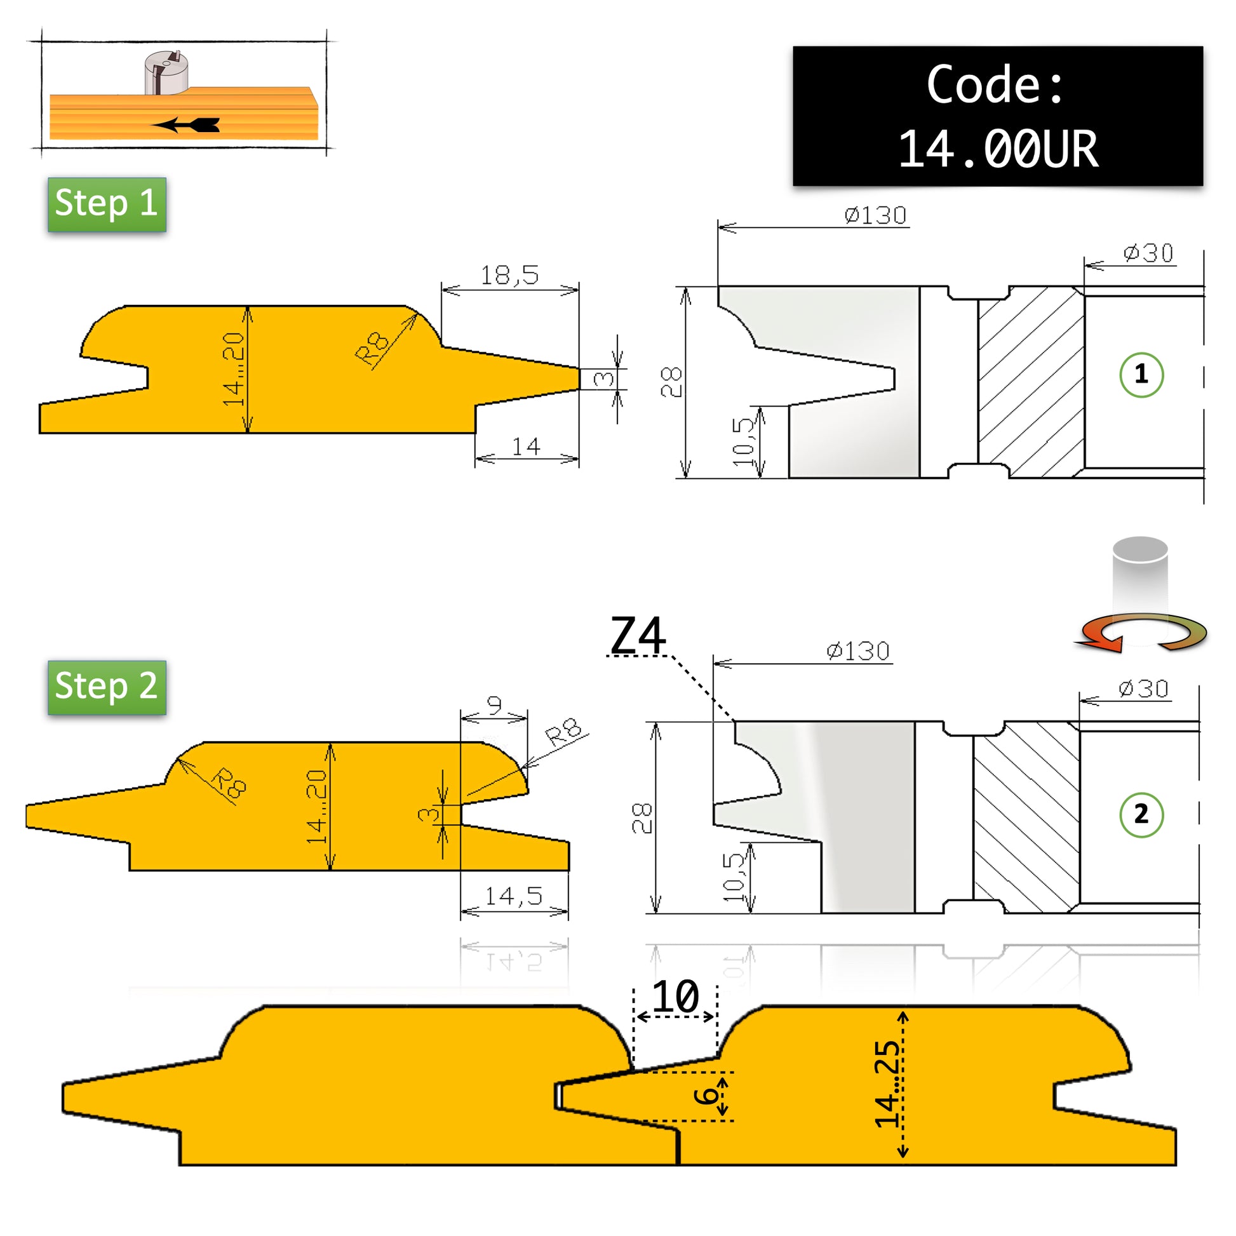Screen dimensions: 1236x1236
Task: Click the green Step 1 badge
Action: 107,204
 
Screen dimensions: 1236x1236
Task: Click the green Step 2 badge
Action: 107,687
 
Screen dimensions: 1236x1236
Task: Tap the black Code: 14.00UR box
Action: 997,116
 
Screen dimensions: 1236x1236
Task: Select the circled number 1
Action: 1141,375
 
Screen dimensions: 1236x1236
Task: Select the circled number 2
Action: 1141,814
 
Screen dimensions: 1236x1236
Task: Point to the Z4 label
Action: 638,635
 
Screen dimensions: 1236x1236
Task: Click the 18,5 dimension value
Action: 510,275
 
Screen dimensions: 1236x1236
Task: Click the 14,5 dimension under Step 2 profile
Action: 514,896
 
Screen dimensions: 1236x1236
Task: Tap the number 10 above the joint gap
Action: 676,996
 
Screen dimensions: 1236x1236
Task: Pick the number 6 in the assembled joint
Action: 706,1095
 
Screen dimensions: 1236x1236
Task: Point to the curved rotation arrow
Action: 1143,633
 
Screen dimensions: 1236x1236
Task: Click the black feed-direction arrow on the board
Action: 186,124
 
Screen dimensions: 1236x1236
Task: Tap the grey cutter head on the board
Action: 166,72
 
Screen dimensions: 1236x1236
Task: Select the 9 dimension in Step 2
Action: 494,705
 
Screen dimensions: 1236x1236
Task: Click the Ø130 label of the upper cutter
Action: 875,215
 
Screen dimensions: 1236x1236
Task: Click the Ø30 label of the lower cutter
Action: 1144,689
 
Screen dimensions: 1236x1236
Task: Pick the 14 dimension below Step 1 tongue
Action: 526,446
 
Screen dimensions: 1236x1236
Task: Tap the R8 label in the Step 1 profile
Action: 372,349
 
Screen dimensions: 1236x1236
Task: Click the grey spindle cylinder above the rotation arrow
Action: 1141,576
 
